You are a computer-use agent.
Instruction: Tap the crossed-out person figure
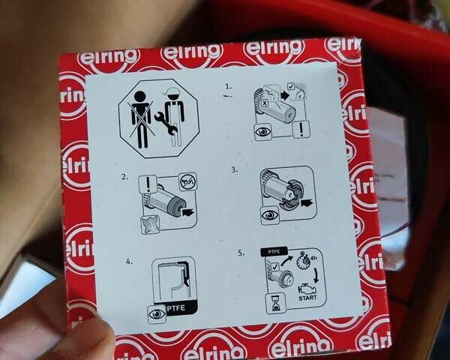[x=141, y=119]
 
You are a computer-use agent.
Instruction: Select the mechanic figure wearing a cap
[x=174, y=117]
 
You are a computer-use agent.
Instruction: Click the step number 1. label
[x=229, y=86]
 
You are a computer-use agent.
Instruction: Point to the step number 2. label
[x=124, y=177]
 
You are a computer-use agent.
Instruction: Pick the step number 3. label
[x=235, y=169]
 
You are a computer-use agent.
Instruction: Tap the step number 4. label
[x=130, y=262]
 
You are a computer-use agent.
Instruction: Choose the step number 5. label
[x=241, y=253]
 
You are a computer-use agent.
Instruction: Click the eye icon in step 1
[x=263, y=132]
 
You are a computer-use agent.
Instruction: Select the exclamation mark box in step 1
[x=301, y=130]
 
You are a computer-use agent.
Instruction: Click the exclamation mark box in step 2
[x=148, y=184]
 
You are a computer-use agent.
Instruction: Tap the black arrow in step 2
[x=188, y=213]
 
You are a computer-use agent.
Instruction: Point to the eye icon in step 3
[x=270, y=215]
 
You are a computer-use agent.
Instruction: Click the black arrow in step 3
[x=307, y=203]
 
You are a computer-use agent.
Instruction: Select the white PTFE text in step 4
[x=176, y=308]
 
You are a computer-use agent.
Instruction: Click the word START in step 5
[x=307, y=298]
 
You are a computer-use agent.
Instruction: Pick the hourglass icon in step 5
[x=276, y=303]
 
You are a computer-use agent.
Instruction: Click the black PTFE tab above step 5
[x=274, y=251]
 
